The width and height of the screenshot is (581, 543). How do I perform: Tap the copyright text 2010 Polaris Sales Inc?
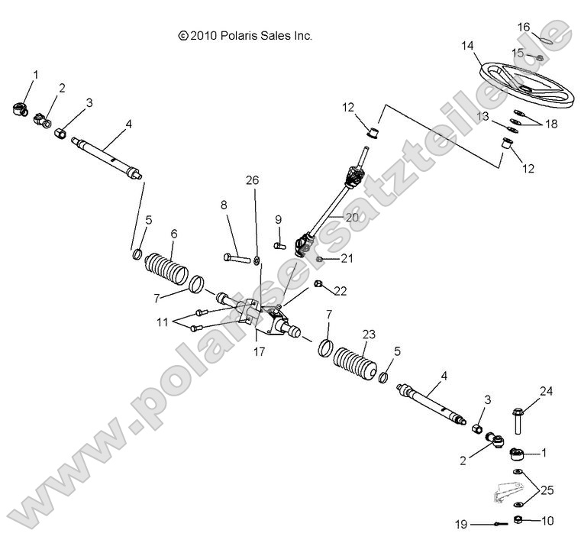[245, 35]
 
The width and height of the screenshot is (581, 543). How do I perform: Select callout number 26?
[252, 180]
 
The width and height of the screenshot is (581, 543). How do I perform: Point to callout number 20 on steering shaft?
[350, 216]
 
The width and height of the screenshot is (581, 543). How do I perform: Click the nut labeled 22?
[319, 286]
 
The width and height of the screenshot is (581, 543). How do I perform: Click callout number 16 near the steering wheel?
[524, 27]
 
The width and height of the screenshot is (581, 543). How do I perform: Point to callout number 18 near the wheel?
[550, 124]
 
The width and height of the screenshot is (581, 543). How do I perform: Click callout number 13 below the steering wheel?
[483, 115]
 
